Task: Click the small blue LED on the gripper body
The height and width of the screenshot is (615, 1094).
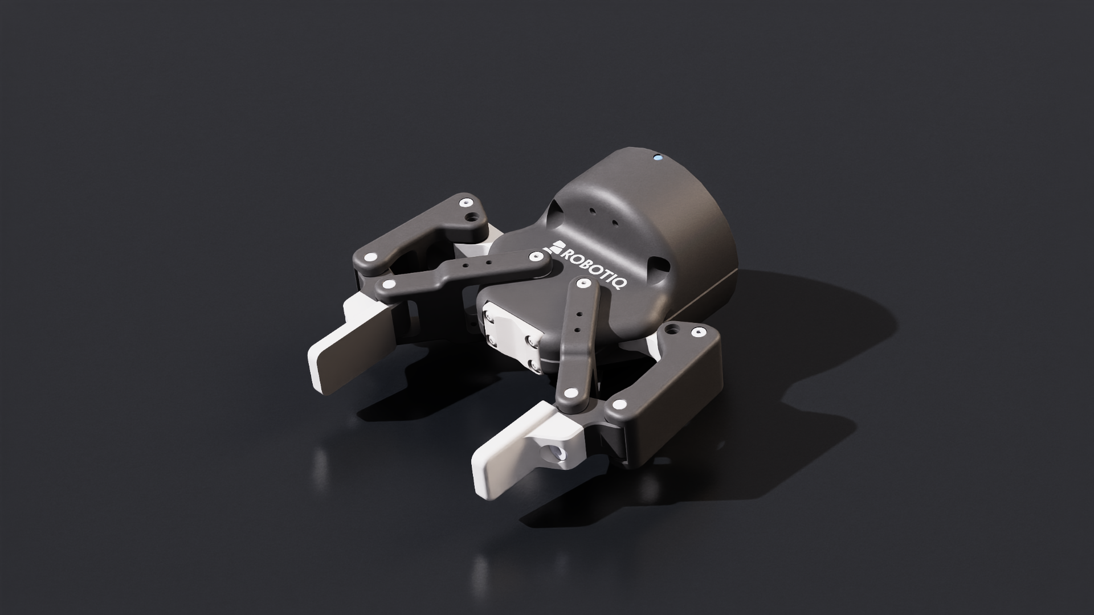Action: tap(658, 157)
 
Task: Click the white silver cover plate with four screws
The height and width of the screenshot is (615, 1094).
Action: tap(511, 336)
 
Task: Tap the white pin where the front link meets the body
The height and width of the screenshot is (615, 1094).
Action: tap(582, 282)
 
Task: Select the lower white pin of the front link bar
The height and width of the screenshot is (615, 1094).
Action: tap(569, 392)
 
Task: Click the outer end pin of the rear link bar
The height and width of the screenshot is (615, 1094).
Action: tap(389, 284)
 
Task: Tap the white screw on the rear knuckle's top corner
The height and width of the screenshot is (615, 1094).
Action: tap(467, 203)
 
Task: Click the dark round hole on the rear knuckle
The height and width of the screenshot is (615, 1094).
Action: tap(472, 217)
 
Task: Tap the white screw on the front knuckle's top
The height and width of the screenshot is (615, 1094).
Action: tap(696, 331)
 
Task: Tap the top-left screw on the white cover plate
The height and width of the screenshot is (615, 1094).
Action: tap(489, 314)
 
